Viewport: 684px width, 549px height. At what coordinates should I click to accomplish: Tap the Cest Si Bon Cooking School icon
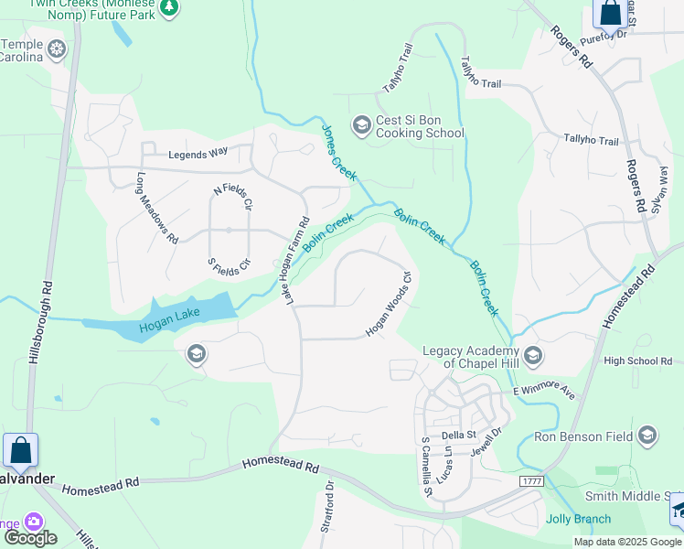click(361, 124)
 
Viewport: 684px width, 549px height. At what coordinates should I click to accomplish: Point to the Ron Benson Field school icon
click(648, 435)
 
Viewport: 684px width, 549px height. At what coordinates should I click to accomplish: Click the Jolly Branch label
click(578, 519)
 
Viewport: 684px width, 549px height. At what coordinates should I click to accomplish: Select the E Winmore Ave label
click(544, 392)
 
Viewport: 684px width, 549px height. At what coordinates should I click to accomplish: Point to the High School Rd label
click(637, 361)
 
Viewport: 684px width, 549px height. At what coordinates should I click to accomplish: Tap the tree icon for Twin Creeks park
click(168, 8)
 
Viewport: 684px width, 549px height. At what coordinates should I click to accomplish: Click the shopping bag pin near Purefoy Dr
click(610, 14)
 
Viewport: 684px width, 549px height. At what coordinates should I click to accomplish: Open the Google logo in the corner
click(29, 538)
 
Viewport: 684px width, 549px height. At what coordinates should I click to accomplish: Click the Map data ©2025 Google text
click(627, 542)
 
